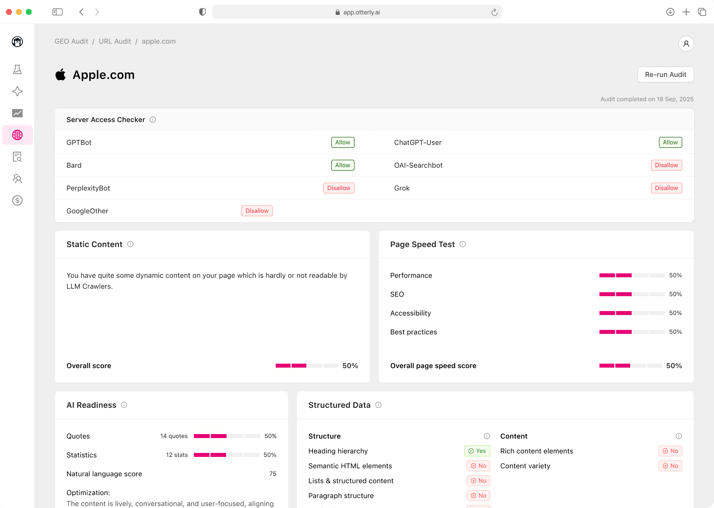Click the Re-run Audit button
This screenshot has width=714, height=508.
(665, 74)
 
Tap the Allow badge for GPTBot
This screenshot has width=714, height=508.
(343, 142)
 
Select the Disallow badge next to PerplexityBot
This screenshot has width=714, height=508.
(339, 188)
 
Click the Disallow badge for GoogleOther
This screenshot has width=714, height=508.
(257, 211)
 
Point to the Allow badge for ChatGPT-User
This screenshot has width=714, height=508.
(670, 142)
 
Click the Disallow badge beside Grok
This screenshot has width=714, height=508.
(666, 188)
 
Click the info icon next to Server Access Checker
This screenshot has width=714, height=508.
(153, 120)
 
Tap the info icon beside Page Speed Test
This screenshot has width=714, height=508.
(463, 244)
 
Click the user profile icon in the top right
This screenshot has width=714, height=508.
(686, 44)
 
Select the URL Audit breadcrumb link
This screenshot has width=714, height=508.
(115, 41)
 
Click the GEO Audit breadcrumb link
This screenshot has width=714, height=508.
(71, 41)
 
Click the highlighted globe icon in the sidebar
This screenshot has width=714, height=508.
(17, 135)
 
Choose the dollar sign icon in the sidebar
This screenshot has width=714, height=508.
(17, 200)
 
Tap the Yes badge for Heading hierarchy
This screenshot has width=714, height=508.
(477, 451)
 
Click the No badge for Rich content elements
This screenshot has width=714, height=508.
(670, 451)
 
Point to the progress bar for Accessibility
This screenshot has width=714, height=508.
(632, 313)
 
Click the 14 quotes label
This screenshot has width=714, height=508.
(174, 436)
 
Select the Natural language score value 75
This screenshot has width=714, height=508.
(273, 474)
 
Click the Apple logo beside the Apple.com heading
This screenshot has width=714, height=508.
(60, 75)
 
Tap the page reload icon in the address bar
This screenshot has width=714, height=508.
(494, 12)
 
